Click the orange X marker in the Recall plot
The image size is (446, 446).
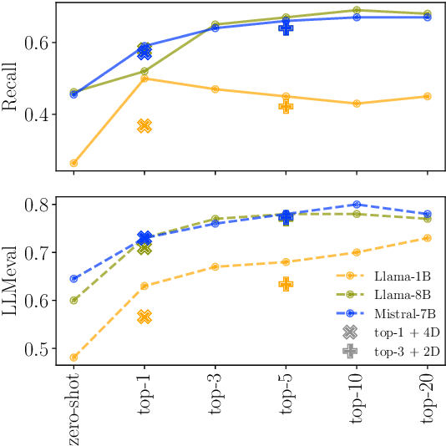coord(144,125)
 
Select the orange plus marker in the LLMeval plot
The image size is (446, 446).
coord(286,284)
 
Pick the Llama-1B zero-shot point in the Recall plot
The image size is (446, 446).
coord(73,163)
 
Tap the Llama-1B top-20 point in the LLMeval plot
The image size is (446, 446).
coord(428,238)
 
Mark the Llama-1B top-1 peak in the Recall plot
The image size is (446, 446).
coord(144,79)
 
